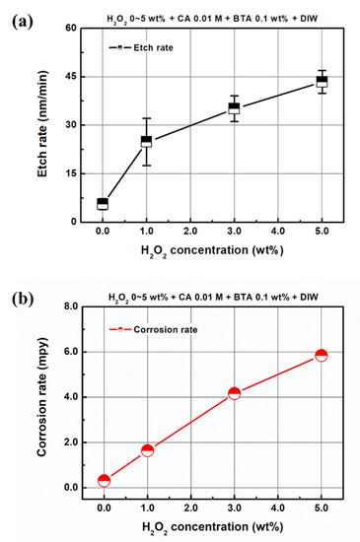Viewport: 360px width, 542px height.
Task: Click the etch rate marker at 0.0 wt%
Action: [x=103, y=204]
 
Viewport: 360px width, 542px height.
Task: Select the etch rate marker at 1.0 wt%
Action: [x=146, y=141]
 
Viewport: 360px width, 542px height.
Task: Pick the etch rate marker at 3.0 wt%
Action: [x=234, y=108]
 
